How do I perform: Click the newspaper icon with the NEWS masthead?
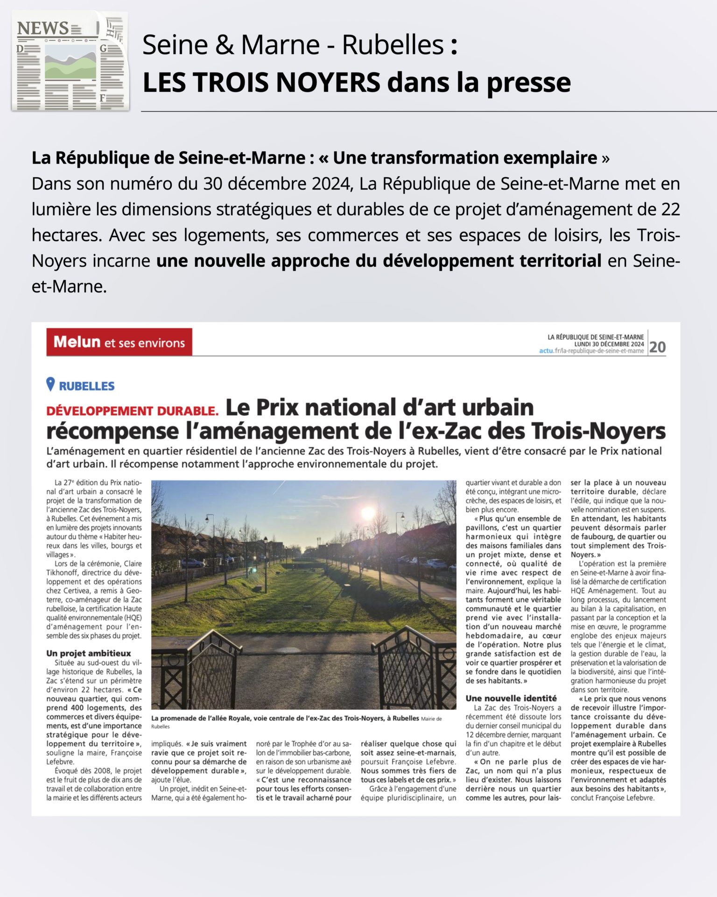70,61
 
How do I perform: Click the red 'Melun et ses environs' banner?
119,342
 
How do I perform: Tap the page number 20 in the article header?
657,347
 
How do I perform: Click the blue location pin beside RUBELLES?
50,384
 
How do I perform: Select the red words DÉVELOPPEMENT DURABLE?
133,411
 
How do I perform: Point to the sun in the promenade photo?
368,513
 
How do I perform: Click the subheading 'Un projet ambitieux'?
89,653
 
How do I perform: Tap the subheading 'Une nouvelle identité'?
511,698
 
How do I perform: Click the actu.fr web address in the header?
591,351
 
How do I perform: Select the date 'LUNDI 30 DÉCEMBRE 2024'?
609,344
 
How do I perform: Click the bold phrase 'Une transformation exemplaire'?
464,158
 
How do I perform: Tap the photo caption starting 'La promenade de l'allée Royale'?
285,718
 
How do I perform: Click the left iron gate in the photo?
196,668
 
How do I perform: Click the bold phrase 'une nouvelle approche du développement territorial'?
379,261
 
